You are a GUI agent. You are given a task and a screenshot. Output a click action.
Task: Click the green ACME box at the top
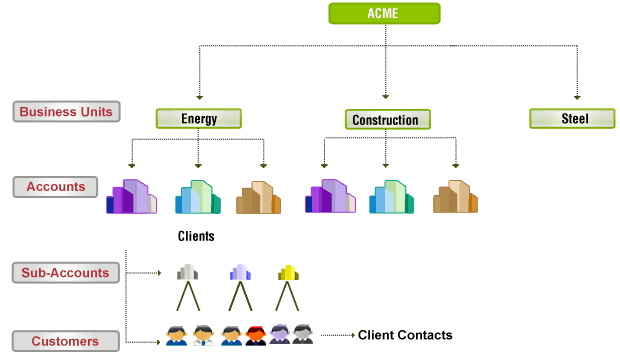point(385,14)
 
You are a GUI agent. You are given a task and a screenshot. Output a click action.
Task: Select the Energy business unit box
point(199,119)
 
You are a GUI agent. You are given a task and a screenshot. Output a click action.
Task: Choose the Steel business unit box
point(572,119)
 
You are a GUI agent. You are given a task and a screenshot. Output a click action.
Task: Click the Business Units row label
point(67,111)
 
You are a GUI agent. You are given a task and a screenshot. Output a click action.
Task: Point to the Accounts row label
point(56,186)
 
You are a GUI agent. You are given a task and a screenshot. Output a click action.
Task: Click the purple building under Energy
point(132,197)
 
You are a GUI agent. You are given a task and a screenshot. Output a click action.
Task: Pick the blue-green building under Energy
point(198,197)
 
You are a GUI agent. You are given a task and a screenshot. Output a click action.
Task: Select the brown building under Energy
point(258,198)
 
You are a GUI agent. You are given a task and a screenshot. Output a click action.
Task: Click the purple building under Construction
point(330,197)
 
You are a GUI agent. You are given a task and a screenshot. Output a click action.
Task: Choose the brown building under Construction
point(455,197)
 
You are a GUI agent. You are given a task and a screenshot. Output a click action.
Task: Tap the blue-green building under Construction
point(392,197)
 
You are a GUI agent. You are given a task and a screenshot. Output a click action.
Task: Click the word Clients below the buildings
point(196,237)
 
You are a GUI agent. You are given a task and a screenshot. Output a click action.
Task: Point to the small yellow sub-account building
point(288,272)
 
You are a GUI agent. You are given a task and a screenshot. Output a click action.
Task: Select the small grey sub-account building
point(187,272)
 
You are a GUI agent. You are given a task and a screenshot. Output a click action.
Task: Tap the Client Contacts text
point(405,335)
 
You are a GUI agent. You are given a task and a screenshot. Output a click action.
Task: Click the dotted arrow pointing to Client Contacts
point(335,335)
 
